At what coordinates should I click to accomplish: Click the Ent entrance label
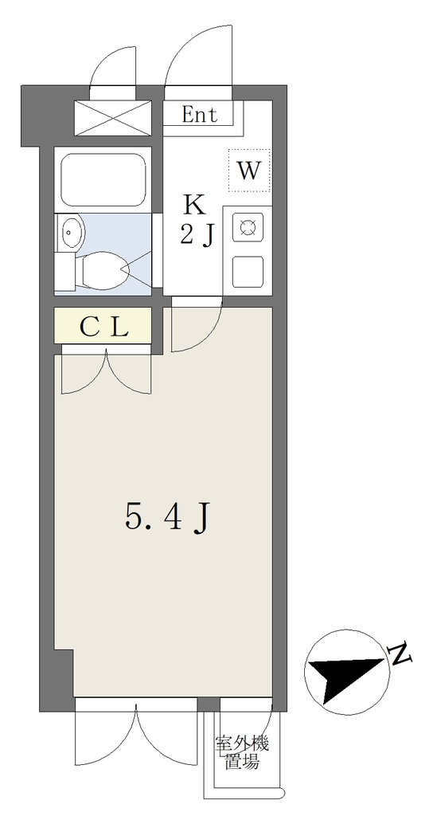[x=199, y=115]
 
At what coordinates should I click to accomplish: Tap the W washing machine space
[x=249, y=171]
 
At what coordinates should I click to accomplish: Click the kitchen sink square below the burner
[x=248, y=271]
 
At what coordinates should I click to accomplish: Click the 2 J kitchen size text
[x=197, y=236]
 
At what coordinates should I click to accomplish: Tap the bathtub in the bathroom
[x=103, y=180]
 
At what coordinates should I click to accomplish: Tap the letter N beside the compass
[x=400, y=654]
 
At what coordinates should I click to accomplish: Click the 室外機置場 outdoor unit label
[x=242, y=753]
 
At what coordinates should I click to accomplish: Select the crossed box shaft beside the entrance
[x=113, y=118]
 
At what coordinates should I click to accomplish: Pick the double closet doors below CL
[x=106, y=374]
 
